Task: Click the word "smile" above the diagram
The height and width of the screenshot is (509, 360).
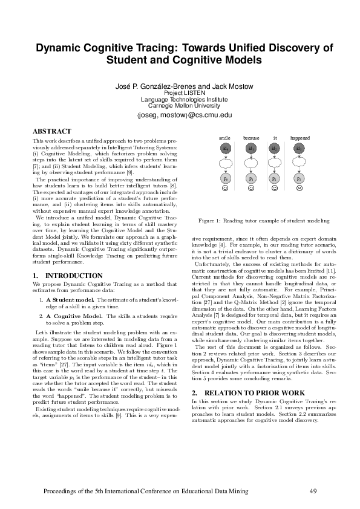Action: (225, 138)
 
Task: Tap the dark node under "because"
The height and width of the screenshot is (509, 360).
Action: (251, 148)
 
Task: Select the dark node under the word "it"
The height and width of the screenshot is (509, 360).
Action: (275, 148)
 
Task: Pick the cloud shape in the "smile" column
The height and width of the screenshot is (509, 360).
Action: (225, 164)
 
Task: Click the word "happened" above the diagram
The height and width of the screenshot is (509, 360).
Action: (299, 138)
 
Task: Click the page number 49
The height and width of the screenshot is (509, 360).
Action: (313, 490)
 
